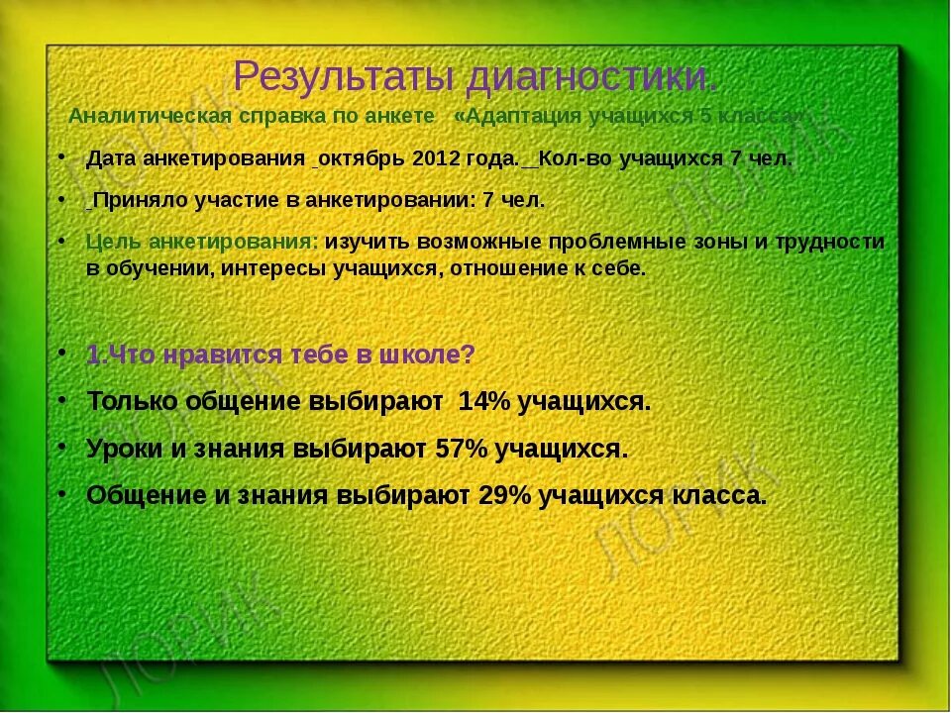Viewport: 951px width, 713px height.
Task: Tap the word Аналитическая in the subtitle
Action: click(x=134, y=116)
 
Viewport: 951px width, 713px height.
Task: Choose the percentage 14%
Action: click(x=483, y=401)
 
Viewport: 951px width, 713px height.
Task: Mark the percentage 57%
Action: click(x=462, y=448)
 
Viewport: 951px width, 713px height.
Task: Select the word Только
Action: click(x=133, y=401)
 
